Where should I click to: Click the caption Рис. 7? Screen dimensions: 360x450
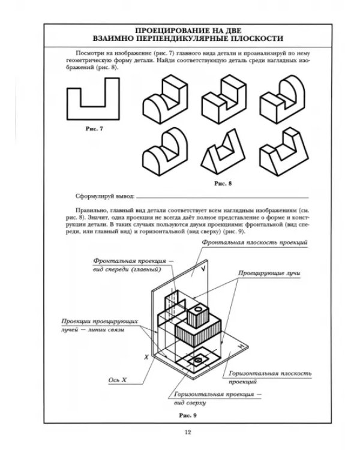pos(94,129)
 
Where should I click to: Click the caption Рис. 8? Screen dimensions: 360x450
pos(223,184)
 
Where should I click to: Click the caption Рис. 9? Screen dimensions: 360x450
pos(188,415)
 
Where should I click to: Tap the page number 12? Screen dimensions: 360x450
pos(188,432)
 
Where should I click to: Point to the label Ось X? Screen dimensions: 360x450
pos(118,380)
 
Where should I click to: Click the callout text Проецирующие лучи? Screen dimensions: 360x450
pos(269,273)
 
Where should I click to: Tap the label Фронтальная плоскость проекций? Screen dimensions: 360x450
pos(254,242)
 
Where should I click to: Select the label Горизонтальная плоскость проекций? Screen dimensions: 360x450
pos(270,377)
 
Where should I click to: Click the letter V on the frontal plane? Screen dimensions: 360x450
pos(203,269)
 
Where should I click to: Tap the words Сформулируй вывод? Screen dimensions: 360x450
pos(105,196)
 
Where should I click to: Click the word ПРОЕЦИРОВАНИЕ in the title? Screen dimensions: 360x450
pos(169,31)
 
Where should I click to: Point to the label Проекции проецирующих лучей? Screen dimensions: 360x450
pos(100,325)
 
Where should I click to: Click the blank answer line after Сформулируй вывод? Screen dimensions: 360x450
pos(223,198)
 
